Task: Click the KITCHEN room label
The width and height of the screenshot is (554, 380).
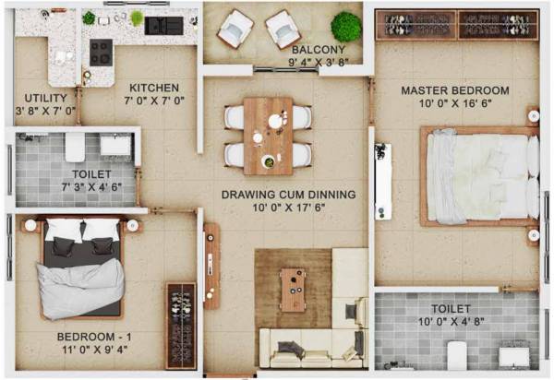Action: (147, 89)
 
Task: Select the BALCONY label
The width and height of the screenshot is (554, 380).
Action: (318, 50)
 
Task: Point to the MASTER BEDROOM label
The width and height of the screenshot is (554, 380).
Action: (454, 90)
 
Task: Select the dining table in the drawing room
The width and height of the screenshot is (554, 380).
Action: (268, 135)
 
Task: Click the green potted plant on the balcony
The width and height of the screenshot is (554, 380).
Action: (346, 26)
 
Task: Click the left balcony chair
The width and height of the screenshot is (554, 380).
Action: (235, 29)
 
